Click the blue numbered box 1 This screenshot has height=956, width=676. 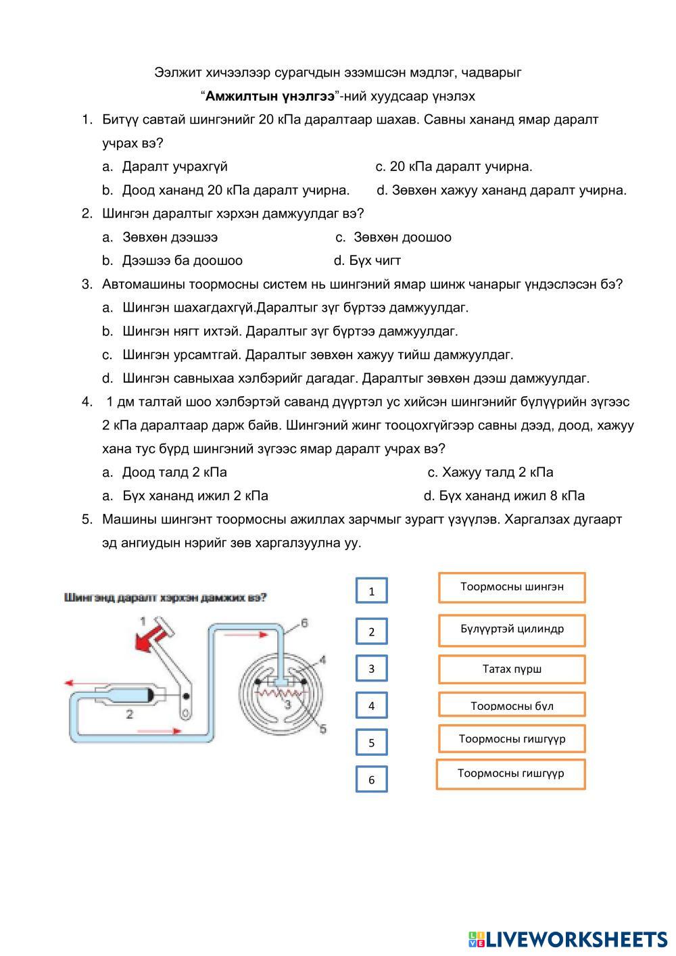click(371, 591)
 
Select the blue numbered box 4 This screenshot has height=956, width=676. click(371, 705)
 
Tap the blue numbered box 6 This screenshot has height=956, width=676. click(371, 780)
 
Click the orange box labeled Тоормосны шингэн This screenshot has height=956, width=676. click(512, 587)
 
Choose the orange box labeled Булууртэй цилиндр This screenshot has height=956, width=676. click(512, 629)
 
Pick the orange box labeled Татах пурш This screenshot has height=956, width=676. click(512, 669)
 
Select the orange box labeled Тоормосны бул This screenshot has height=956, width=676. click(512, 705)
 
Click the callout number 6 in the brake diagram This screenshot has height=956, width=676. click(304, 623)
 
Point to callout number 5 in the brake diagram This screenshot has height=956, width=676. click(322, 729)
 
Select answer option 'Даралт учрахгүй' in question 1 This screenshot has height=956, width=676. click(174, 166)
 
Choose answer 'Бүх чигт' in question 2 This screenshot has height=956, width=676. click(375, 260)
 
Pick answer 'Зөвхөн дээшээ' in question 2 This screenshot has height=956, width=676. click(170, 237)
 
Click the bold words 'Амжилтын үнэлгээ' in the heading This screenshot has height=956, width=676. click(270, 96)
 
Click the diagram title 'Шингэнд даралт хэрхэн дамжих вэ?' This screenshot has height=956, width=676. click(165, 598)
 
